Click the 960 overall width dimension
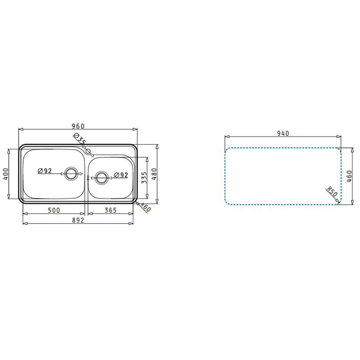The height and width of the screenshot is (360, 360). [78, 126]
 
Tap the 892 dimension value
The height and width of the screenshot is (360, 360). [78, 220]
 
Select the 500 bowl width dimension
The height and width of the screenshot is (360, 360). [54, 210]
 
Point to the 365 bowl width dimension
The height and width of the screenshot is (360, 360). [111, 210]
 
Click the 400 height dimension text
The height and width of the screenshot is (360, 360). [6, 174]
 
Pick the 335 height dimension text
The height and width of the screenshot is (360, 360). [144, 178]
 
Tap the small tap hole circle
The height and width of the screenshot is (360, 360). [88, 151]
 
